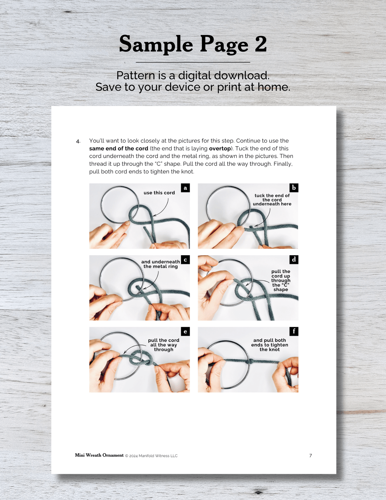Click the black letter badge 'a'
tap(185, 188)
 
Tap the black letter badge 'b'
tap(294, 188)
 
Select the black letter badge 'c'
tap(185, 260)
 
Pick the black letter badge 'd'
tap(294, 260)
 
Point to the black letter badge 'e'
tap(185, 332)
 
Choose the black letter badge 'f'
tap(294, 332)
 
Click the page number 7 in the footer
tap(311, 456)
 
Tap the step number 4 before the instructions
tap(78, 141)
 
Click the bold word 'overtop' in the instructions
tap(220, 149)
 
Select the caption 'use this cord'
tap(159, 193)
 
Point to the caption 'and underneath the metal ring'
tap(161, 264)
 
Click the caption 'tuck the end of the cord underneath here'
tap(272, 200)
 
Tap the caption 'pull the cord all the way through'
tap(163, 345)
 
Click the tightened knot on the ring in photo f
tap(250, 362)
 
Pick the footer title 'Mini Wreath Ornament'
tap(99, 455)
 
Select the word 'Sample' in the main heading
tap(156, 45)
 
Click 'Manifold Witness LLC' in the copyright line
tap(158, 456)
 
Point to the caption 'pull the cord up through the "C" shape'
tap(280, 280)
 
